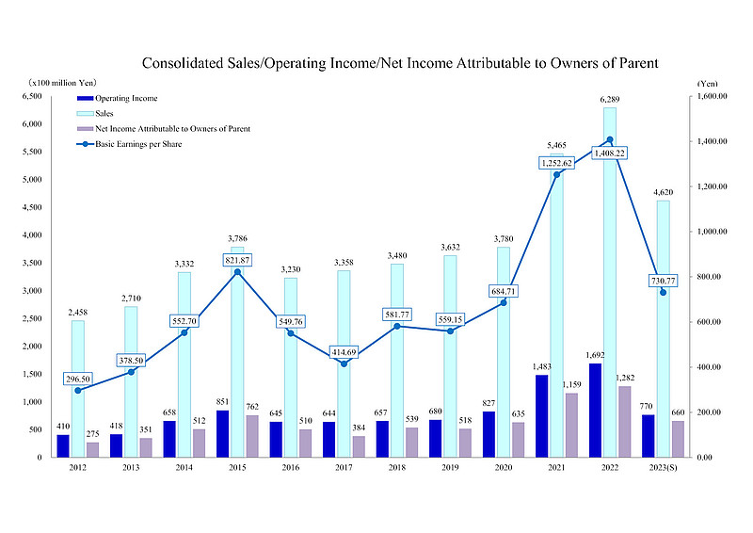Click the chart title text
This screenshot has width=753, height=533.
399,63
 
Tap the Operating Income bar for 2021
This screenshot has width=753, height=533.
541,415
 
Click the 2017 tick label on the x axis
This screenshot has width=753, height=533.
344,466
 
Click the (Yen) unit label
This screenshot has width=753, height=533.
708,84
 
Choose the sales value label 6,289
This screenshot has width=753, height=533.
610,100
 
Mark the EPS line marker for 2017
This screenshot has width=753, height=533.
344,363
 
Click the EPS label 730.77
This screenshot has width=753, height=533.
665,280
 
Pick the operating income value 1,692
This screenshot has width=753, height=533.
595,356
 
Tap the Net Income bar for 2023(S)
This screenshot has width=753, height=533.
678,439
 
